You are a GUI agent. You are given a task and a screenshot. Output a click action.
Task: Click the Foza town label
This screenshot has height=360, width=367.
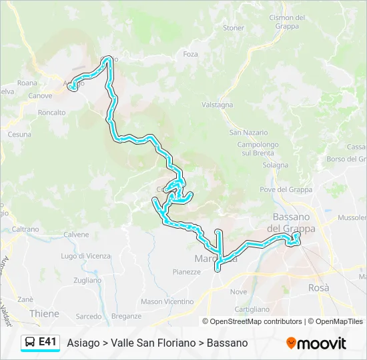coord(190,54)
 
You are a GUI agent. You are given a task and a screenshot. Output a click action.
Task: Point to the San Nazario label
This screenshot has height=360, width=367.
coord(249,133)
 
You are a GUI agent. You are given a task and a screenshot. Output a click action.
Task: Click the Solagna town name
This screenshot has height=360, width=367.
coord(276,165)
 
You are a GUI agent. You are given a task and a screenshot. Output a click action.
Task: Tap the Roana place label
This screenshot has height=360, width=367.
coord(27,83)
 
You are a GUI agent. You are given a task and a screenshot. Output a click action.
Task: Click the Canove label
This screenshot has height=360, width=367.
coord(40,96)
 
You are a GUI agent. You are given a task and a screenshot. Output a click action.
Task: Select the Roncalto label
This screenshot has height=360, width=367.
coord(51,113)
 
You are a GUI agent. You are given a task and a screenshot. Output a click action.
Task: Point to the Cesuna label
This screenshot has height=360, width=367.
coord(19,134)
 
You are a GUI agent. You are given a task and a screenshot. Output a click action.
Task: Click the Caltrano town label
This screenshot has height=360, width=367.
coord(25,229)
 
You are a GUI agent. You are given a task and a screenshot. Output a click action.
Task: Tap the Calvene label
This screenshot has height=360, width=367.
coord(76,235)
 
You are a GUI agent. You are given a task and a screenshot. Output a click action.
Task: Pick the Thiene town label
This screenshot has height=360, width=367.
coord(44,313)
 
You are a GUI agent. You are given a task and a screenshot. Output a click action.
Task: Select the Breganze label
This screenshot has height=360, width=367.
coord(127,316)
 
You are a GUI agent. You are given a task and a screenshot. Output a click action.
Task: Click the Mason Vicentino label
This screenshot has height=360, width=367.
coord(167,301)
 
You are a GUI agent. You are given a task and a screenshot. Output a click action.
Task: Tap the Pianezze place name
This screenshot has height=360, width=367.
coord(186,271)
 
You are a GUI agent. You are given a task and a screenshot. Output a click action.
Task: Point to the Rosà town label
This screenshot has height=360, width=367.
coord(319,287)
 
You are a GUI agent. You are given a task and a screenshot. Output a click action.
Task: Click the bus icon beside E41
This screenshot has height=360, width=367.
coord(30,342)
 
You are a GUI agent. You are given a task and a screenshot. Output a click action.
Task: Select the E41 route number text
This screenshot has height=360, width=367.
coord(47,342)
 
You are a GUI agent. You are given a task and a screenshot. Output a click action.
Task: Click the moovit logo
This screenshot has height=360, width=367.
coord(316,343)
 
